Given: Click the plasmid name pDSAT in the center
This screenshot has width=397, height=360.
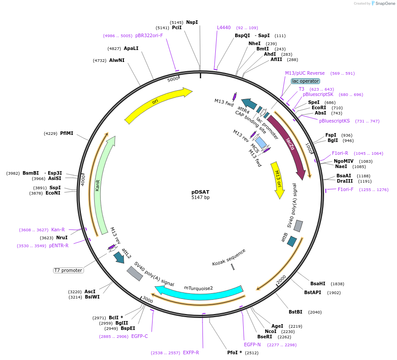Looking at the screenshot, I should point(200,192).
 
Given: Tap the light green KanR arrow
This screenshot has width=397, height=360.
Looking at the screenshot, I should point(103,186).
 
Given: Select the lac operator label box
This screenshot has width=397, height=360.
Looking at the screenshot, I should point(305,81).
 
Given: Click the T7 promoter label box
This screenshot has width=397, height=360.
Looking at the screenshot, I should point(68,270).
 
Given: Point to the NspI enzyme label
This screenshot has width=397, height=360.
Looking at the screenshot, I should point(192,22).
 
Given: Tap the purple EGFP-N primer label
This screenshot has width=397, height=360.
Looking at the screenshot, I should point(252,345).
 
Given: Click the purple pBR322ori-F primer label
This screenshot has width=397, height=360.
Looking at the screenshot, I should point(149,36).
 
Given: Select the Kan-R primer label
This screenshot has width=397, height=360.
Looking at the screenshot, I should point(58,230).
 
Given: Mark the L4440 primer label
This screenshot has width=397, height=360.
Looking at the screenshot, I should point(224,27).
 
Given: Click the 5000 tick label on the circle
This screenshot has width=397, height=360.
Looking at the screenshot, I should point(172,79).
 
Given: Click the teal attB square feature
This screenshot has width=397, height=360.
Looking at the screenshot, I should point(292,241).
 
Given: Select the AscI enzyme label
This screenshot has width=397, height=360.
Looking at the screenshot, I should point(90,291).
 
